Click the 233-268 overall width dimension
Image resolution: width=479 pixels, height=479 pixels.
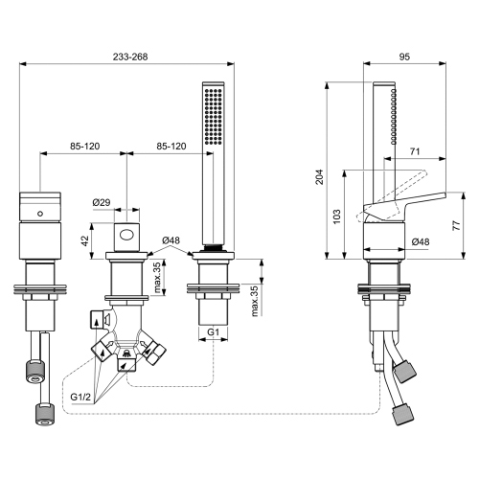click(x=126, y=56)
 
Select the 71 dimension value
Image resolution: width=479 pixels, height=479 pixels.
click(x=414, y=151)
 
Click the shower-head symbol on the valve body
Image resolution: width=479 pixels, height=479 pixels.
click(x=125, y=361)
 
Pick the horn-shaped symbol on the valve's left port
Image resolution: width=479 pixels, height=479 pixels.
click(x=103, y=320)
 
